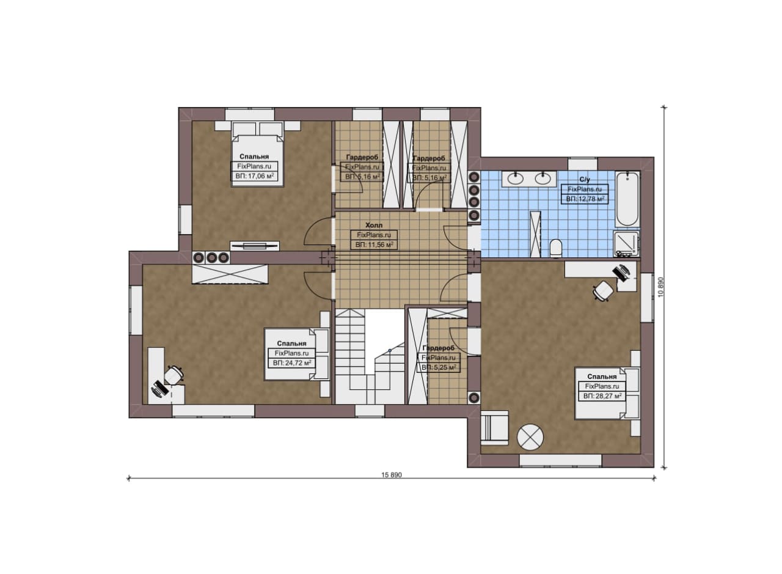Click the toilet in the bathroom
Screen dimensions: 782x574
[555, 248]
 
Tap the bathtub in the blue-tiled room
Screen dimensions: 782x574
[627, 199]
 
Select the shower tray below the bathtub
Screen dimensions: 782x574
[626, 243]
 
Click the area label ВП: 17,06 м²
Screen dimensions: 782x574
[254, 176]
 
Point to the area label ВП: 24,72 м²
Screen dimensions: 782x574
[292, 363]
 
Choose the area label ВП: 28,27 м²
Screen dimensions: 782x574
[602, 396]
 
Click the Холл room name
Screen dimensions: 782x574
[374, 225]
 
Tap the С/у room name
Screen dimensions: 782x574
[585, 180]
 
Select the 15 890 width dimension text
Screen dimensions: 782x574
[392, 475]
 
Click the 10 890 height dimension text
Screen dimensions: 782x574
[660, 287]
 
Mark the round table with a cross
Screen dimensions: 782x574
[530, 437]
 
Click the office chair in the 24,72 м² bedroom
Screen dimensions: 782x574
[174, 375]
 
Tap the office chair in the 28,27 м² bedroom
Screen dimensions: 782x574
[603, 291]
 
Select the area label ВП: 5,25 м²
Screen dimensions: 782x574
[439, 367]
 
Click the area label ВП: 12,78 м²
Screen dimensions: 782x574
[585, 199]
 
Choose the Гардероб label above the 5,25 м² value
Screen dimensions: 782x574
[439, 348]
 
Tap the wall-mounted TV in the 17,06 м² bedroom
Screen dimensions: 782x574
[255, 246]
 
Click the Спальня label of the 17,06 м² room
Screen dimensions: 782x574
[254, 156]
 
